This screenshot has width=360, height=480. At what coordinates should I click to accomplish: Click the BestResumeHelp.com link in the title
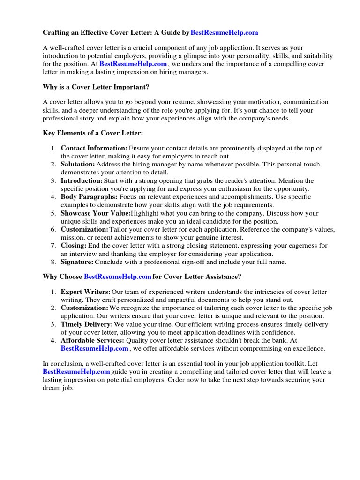[x=225, y=33]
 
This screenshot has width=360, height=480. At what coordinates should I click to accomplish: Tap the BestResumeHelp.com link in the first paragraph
[x=133, y=64]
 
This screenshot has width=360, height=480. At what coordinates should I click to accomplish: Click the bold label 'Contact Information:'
[x=94, y=148]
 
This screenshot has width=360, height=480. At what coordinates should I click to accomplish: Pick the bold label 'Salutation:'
[x=78, y=165]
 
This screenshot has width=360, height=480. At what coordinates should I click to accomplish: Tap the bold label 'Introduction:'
[x=82, y=181]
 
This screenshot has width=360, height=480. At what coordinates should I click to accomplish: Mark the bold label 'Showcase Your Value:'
[x=96, y=213]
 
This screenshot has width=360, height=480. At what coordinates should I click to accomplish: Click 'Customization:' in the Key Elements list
[x=84, y=230]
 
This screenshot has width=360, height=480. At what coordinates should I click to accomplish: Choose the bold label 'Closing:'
[x=74, y=246]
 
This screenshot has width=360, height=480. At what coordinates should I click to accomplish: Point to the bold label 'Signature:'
[x=77, y=262]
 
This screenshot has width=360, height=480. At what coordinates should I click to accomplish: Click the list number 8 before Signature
[x=53, y=262]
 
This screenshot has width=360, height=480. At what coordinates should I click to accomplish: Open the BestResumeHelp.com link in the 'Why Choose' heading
[x=118, y=277]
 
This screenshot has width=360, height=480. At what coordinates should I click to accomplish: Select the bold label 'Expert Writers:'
[x=86, y=292]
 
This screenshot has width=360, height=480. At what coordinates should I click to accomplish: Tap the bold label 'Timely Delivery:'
[x=87, y=324]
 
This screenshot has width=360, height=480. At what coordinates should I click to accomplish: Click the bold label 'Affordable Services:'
[x=92, y=341]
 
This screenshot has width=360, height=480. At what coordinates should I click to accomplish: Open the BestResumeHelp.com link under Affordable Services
[x=94, y=349]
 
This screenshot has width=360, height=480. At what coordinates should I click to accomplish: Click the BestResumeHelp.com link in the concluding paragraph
[x=76, y=372]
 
